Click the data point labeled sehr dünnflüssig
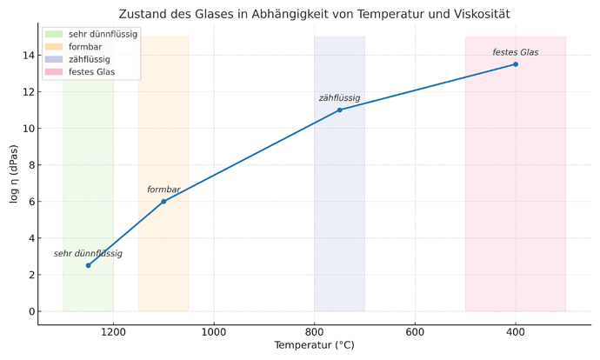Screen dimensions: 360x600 point(88,265)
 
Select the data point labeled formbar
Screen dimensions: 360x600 point(163,201)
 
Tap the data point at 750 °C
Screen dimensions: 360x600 point(339,110)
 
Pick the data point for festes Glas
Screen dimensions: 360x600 point(516,64)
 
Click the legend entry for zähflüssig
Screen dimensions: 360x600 point(89,59)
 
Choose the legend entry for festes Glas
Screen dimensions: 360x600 point(91,72)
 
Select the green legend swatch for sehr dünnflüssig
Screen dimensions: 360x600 point(53,34)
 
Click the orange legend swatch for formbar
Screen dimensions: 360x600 point(53,47)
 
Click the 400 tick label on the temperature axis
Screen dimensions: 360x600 point(516,331)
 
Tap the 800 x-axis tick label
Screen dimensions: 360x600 point(314,331)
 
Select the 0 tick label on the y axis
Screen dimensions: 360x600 point(30,311)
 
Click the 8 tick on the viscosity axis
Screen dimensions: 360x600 point(30,165)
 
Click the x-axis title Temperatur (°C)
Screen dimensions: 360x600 point(314,345)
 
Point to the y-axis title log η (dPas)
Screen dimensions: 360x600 point(13,174)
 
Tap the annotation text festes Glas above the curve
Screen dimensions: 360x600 point(516,52)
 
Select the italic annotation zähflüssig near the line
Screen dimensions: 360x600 point(339,98)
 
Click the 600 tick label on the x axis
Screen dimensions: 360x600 point(415,331)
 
